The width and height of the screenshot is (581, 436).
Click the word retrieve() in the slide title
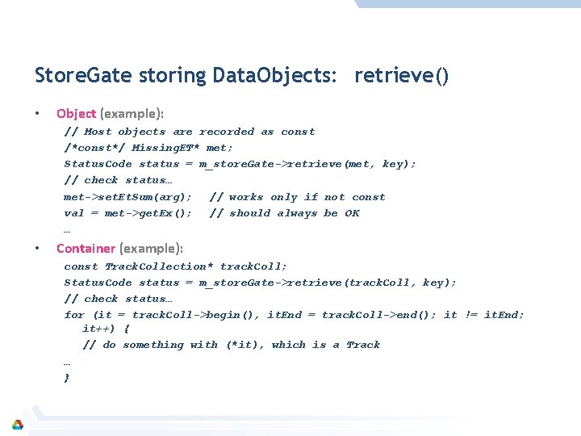pyautogui.click(x=401, y=76)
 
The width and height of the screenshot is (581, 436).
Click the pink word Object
pyautogui.click(x=76, y=114)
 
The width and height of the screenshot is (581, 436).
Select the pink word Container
pyautogui.click(x=86, y=249)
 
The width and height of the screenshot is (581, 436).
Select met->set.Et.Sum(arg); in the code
pyautogui.click(x=128, y=197)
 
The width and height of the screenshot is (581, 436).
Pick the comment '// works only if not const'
pyautogui.click(x=297, y=197)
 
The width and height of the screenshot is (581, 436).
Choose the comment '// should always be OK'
pyautogui.click(x=284, y=213)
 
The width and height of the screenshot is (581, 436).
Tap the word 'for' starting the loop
pyautogui.click(x=74, y=315)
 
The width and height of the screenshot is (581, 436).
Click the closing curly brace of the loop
pyautogui.click(x=67, y=378)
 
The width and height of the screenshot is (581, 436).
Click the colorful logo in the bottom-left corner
pyautogui.click(x=17, y=425)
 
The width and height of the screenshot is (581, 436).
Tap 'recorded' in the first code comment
pyautogui.click(x=226, y=132)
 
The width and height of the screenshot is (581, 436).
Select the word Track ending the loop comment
pyautogui.click(x=363, y=345)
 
